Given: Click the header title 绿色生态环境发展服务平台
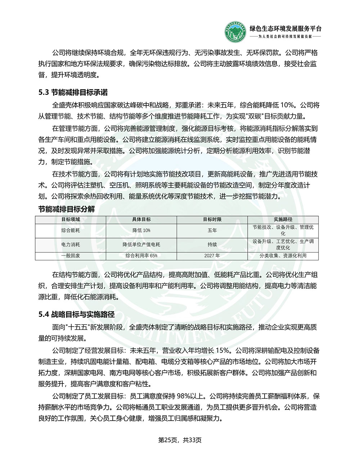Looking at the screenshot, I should click(x=285, y=29).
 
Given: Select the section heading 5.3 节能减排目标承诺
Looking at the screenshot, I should click(x=73, y=93).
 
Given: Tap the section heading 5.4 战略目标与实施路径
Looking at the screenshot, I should click(x=76, y=314).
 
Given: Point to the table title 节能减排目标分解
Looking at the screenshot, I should click(x=67, y=209).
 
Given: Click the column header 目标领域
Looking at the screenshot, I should click(x=71, y=219).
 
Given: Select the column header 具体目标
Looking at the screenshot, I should click(x=141, y=219).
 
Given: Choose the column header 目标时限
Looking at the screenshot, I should click(x=212, y=219).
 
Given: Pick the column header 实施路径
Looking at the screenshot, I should click(x=283, y=219).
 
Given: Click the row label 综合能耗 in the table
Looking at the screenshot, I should click(x=71, y=230).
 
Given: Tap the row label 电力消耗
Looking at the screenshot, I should click(x=71, y=245).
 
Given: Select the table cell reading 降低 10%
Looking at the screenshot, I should click(x=141, y=230).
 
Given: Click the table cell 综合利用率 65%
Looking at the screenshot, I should click(x=141, y=256).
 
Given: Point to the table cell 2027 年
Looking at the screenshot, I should click(x=212, y=256).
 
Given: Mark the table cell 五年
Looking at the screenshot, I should click(x=212, y=230).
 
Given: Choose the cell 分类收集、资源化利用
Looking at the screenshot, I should click(x=283, y=256).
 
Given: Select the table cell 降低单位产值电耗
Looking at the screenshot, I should click(x=141, y=245).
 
